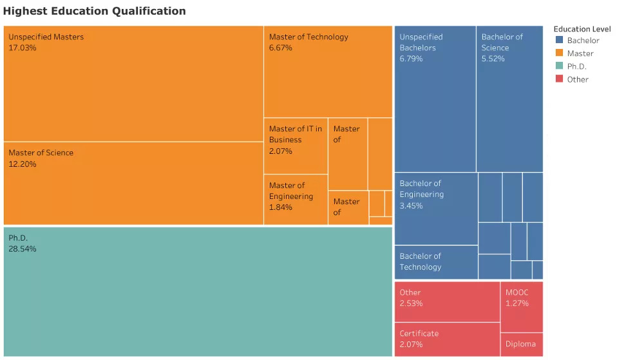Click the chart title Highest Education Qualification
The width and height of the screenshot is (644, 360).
pos(95,11)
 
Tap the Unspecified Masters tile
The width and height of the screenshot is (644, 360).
pos(133,84)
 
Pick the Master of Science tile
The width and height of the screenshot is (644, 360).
pos(133,184)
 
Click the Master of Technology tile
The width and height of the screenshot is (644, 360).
pos(328,71)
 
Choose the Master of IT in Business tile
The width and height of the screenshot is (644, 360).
pos(296,146)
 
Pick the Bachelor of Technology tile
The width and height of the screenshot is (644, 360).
pos(435,262)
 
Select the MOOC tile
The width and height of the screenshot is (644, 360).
pos(522,307)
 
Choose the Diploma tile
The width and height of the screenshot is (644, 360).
pos(522,344)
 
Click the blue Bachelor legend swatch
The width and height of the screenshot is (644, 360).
pos(558,40)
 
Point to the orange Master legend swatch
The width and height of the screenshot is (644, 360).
pos(558,53)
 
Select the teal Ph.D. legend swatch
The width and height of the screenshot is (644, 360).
pos(558,66)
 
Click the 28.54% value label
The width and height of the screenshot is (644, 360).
pos(23,249)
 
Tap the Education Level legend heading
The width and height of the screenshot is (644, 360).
pos(582,29)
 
